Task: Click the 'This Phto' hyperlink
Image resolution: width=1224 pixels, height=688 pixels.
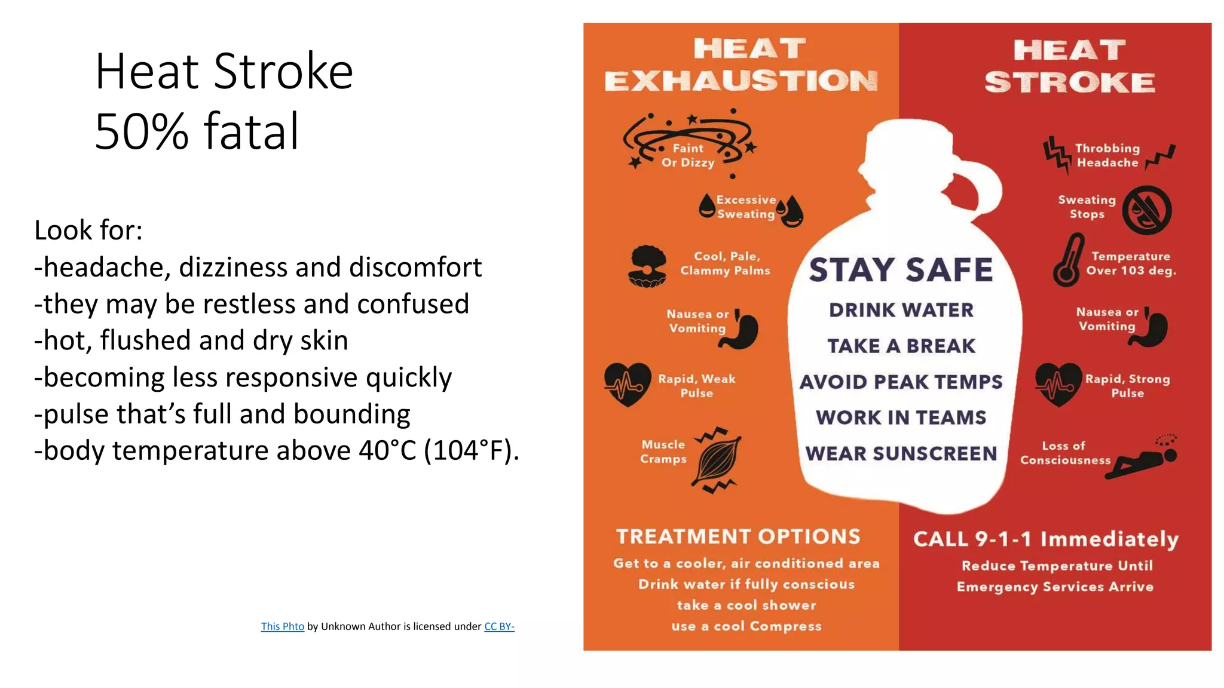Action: (282, 626)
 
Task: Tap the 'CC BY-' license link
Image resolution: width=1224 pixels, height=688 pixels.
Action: (499, 626)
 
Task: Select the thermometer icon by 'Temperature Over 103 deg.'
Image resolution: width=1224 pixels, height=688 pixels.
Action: (1068, 261)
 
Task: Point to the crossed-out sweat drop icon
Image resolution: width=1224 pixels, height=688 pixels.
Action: (1146, 210)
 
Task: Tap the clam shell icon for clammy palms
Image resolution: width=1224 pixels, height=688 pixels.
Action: (647, 266)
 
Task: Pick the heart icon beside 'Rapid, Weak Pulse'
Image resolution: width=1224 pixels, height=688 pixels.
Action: (627, 384)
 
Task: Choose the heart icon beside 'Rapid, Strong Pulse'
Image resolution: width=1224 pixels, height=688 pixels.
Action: (1058, 384)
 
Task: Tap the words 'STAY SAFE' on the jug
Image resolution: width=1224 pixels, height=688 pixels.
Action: (901, 270)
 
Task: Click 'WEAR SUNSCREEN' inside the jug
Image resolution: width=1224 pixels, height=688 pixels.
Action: (901, 453)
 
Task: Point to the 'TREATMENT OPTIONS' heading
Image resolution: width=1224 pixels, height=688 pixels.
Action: (738, 536)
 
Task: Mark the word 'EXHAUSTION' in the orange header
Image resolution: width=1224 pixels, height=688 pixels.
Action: (741, 81)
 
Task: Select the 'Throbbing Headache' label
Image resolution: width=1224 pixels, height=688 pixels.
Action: (1107, 155)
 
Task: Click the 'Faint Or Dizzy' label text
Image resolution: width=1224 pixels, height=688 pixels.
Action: (688, 155)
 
